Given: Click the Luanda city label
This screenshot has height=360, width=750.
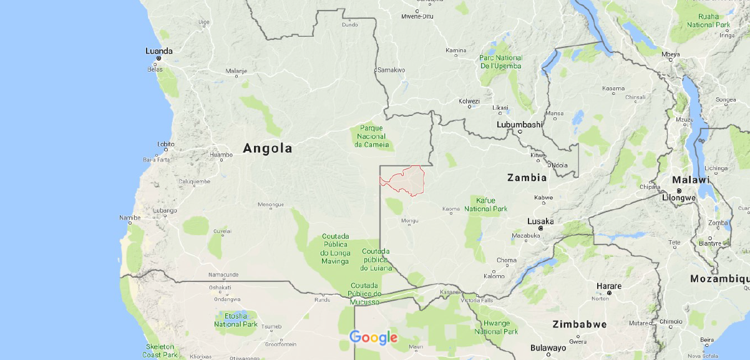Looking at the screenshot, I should pyautogui.click(x=158, y=51).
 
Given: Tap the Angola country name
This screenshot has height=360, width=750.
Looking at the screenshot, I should pyautogui.click(x=267, y=148).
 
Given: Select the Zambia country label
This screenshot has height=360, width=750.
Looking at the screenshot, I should pyautogui.click(x=527, y=177).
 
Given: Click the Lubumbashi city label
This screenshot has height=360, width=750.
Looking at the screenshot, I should pyautogui.click(x=519, y=124).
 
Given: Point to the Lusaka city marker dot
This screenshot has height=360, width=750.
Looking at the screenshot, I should pyautogui.click(x=541, y=228).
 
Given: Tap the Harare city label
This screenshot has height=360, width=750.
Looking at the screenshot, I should pyautogui.click(x=608, y=286).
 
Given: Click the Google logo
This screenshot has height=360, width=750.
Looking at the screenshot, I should pyautogui.click(x=373, y=338).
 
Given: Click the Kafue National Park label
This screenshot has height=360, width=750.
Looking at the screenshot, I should pyautogui.click(x=485, y=204).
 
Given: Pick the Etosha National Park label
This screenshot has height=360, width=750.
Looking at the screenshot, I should pyautogui.click(x=236, y=320).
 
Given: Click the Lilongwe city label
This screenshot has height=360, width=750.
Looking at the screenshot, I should pyautogui.click(x=678, y=197).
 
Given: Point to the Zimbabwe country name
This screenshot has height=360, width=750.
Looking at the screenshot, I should pyautogui.click(x=579, y=324).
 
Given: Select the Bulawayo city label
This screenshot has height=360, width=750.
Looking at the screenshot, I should pyautogui.click(x=548, y=348).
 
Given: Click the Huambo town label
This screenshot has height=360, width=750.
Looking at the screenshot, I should pyautogui.click(x=221, y=154).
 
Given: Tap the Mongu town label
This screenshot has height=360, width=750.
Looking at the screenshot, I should pyautogui.click(x=409, y=220).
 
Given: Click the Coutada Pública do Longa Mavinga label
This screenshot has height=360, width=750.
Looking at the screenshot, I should pyautogui.click(x=335, y=248).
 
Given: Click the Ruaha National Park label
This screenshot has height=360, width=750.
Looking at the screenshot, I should pyautogui.click(x=708, y=21).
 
